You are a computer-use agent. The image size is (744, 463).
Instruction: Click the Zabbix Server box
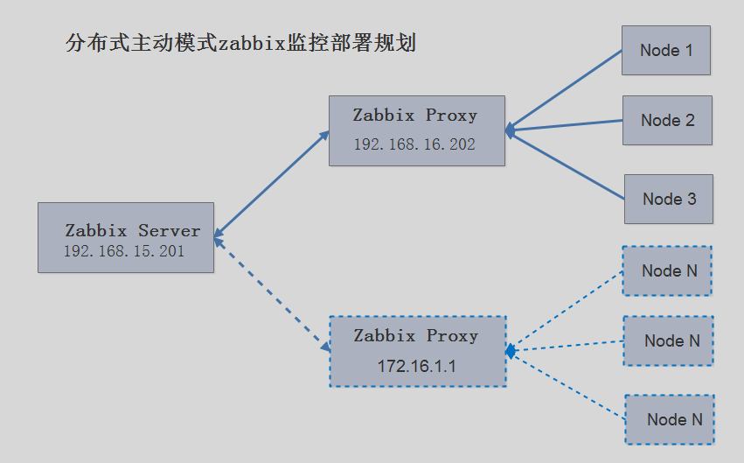tap(126, 237)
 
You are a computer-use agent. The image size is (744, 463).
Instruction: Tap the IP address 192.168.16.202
tap(414, 144)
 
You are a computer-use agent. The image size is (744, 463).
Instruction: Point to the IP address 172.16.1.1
tap(417, 366)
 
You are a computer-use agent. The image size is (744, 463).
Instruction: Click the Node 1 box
tap(666, 50)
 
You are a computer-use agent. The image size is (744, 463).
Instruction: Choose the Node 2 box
tap(668, 120)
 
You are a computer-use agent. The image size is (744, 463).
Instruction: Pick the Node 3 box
tap(669, 199)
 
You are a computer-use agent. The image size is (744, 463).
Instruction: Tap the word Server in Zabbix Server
tap(170, 232)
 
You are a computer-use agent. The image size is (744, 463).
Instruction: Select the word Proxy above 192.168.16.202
tap(452, 116)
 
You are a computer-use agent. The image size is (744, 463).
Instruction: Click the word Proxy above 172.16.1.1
tap(452, 336)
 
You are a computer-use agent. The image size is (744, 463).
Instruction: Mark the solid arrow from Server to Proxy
tap(272, 184)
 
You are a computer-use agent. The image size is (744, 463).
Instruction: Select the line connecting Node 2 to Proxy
tap(565, 126)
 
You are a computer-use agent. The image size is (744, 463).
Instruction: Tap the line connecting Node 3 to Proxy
tap(565, 165)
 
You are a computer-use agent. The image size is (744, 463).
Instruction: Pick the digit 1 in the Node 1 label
tap(688, 50)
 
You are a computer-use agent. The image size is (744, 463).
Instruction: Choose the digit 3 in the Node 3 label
tap(692, 199)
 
